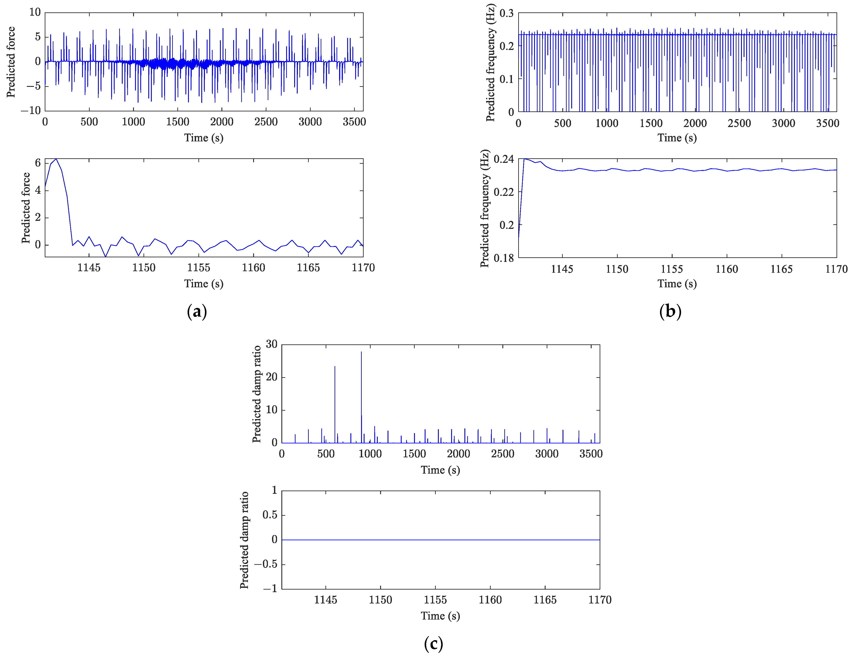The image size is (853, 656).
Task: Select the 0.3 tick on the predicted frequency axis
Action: tap(506, 13)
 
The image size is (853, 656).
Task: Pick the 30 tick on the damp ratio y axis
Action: tap(271, 344)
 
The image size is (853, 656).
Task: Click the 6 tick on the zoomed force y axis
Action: tap(38, 163)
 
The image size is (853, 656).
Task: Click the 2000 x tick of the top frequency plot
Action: tap(695, 123)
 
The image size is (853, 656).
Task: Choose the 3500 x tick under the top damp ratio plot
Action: tap(591, 454)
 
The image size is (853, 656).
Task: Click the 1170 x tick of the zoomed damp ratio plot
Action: tap(600, 600)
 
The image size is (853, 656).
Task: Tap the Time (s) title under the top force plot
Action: tap(204, 138)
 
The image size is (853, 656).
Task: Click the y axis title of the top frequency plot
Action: tap(490, 63)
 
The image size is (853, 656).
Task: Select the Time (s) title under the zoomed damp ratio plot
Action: tap(440, 616)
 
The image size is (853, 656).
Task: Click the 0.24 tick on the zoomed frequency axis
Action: tap(504, 159)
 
